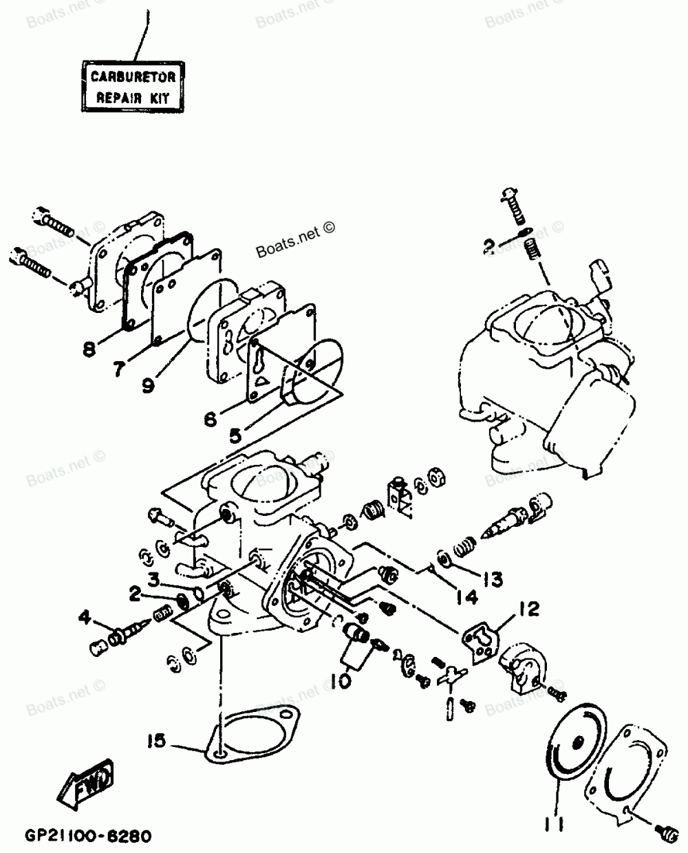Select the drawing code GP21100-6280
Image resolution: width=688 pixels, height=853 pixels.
(79, 837)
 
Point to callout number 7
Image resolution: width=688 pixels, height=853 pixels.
(120, 369)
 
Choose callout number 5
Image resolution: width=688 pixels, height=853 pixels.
(235, 434)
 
